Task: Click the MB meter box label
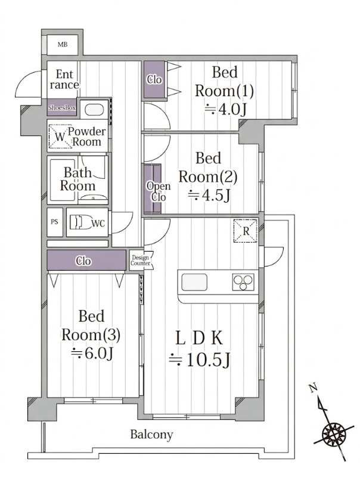63,45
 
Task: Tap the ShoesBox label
62,108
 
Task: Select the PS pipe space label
54,222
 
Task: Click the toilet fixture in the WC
80,222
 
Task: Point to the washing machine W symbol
60,137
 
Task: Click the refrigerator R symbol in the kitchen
245,231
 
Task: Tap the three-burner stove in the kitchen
243,282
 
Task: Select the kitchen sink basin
194,282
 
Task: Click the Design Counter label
141,261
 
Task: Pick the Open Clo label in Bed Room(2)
159,191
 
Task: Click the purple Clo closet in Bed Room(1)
154,79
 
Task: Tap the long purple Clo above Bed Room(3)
86,260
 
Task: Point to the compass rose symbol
334,432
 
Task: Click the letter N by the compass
313,388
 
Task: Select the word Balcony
152,435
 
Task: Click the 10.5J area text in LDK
199,360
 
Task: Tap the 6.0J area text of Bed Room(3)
92,353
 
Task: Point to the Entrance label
64,79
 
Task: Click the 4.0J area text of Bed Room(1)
225,109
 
